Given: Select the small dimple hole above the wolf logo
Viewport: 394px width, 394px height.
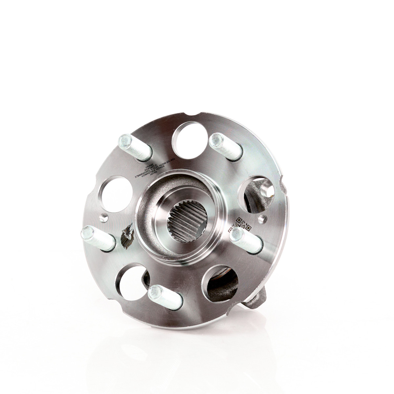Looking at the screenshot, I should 104,216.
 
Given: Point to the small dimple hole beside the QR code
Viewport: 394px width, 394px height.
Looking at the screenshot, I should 262,218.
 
